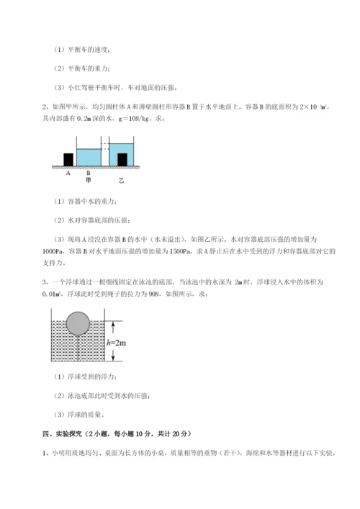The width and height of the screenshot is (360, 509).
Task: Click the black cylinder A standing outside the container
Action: point(68,159)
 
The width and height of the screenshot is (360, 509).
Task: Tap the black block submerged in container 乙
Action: point(122,158)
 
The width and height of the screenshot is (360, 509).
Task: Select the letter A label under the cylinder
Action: point(68,174)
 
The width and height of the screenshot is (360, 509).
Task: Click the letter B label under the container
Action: point(88,174)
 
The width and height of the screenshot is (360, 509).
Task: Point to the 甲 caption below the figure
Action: point(88,180)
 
